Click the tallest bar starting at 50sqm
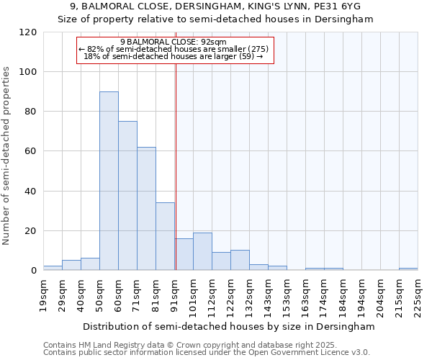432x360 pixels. coord(109,181)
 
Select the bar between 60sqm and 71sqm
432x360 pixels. coord(127,196)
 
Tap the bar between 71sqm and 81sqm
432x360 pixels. coord(146,209)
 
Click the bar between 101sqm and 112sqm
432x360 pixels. coord(202,251)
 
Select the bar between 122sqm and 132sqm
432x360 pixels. coord(240,260)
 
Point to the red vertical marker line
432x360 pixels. coord(176,166)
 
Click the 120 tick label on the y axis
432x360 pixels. coord(28,32)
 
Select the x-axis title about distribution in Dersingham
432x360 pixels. coord(229,326)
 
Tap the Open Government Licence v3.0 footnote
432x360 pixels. coord(207,353)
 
